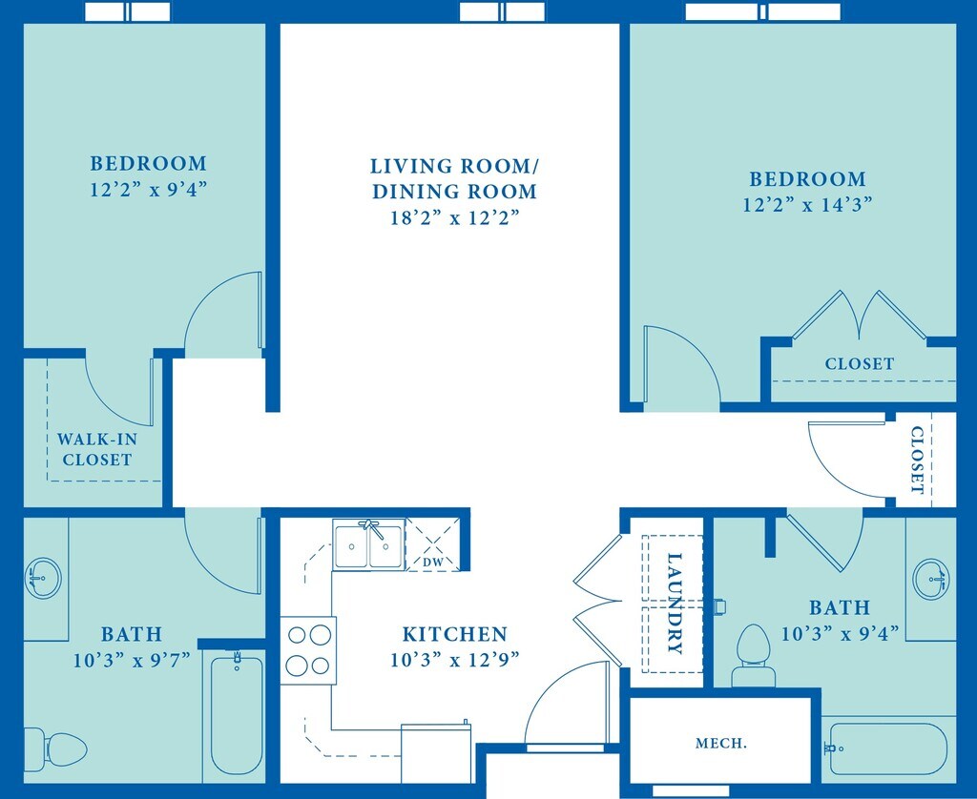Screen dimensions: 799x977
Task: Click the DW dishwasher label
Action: [432, 563]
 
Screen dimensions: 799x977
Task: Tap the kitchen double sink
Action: [369, 545]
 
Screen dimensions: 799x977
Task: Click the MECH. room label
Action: [720, 743]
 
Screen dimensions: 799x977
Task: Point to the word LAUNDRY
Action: [676, 604]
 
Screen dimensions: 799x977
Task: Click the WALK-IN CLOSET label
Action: [94, 449]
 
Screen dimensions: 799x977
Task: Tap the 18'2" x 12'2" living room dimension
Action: [454, 217]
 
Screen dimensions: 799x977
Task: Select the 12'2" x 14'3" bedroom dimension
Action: [807, 204]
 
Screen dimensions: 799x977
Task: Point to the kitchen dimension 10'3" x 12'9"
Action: [454, 659]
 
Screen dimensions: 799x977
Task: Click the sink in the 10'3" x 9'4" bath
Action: [931, 577]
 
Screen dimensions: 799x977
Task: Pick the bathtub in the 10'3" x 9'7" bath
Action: [236, 712]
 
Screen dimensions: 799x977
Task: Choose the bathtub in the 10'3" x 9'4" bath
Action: [887, 748]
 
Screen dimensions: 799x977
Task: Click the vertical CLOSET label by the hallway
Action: [917, 460]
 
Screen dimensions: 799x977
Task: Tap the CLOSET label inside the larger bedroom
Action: [860, 363]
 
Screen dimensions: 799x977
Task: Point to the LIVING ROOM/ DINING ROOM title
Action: [454, 178]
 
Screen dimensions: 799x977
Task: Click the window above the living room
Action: [502, 11]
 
